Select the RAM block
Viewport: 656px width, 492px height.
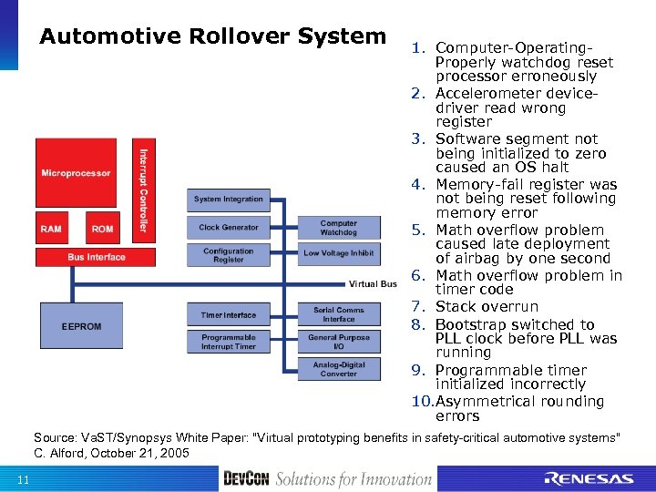click(51, 229)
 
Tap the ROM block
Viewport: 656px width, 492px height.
click(102, 229)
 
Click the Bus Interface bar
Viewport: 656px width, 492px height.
click(96, 257)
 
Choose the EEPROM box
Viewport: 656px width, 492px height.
click(81, 325)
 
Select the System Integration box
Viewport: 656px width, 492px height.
click(228, 199)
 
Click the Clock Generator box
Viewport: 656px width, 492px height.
click(228, 227)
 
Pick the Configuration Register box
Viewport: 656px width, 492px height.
click(228, 255)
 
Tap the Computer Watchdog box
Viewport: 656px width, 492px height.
click(338, 227)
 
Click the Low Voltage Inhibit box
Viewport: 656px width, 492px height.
click(338, 253)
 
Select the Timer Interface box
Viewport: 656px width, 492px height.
click(228, 315)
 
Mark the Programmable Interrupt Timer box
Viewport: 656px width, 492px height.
click(228, 341)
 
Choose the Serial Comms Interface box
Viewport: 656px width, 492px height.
click(338, 314)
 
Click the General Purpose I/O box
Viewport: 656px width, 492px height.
click(338, 341)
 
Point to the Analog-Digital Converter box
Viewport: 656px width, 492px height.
click(338, 368)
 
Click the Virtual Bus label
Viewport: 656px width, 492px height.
click(373, 283)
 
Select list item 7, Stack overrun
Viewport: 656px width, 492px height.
click(487, 307)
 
